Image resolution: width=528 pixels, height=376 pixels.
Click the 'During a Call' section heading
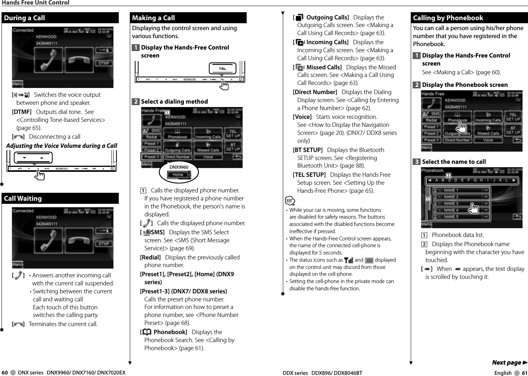click(x=25, y=18)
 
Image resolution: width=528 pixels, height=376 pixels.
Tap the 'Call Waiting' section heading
click(x=23, y=198)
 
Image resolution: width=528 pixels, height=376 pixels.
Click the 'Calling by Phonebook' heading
click(x=448, y=18)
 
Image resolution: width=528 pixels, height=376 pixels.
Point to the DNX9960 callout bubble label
click(x=179, y=167)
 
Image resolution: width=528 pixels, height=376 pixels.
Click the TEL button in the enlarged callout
click(x=222, y=69)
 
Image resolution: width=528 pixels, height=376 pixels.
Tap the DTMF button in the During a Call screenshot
click(x=104, y=63)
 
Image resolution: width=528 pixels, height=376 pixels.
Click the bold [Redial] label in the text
click(x=150, y=258)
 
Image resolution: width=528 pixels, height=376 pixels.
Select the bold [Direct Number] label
click(x=315, y=92)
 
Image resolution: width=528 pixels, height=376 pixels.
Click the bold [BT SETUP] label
click(x=308, y=150)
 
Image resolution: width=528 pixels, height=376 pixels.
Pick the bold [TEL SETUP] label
click(x=309, y=175)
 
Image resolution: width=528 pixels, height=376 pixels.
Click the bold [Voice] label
click(x=302, y=117)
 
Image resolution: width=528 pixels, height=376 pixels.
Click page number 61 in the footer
click(x=525, y=373)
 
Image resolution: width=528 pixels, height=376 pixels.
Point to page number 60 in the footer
click(x=5, y=373)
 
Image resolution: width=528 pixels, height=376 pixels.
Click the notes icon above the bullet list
click(x=289, y=201)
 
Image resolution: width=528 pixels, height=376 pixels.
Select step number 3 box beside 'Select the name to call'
click(x=417, y=162)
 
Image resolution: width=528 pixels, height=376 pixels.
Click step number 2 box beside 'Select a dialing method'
click(x=136, y=102)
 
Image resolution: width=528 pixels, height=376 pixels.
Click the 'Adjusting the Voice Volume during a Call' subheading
click(x=62, y=146)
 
